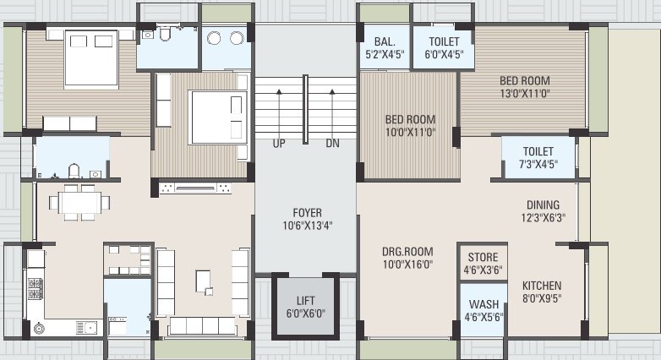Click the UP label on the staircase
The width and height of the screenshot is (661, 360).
[x=278, y=144]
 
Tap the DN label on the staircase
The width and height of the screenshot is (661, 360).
[x=332, y=144]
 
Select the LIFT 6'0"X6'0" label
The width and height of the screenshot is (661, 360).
[x=305, y=307]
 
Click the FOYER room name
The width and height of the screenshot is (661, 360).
[x=307, y=212]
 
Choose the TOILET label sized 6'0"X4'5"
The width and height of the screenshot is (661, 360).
[x=444, y=40]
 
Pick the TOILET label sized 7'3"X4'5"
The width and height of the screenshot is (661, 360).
[x=538, y=151]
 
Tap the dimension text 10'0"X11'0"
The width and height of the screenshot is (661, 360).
[x=409, y=133]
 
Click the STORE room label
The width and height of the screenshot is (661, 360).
[x=482, y=258]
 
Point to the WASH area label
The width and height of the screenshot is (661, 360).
[x=483, y=305]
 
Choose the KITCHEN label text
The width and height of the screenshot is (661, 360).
[x=541, y=286]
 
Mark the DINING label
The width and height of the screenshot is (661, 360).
[x=542, y=204]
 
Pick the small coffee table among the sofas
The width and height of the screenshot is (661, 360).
[x=203, y=280]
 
